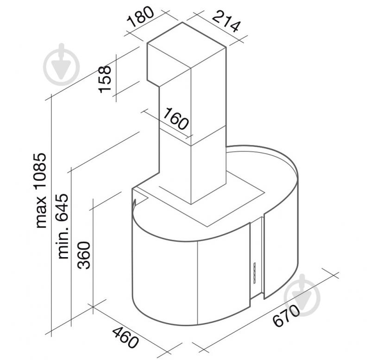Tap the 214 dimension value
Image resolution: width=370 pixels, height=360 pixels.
click(x=226, y=22)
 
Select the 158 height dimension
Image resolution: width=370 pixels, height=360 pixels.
click(x=105, y=79)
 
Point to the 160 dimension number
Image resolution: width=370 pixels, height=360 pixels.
click(x=176, y=119)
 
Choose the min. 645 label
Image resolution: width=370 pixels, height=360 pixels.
click(x=63, y=226)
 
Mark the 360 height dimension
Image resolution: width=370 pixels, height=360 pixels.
click(x=84, y=255)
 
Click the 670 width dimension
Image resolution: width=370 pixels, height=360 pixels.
click(x=286, y=316)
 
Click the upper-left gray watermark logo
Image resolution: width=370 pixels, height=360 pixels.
click(x=62, y=64)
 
